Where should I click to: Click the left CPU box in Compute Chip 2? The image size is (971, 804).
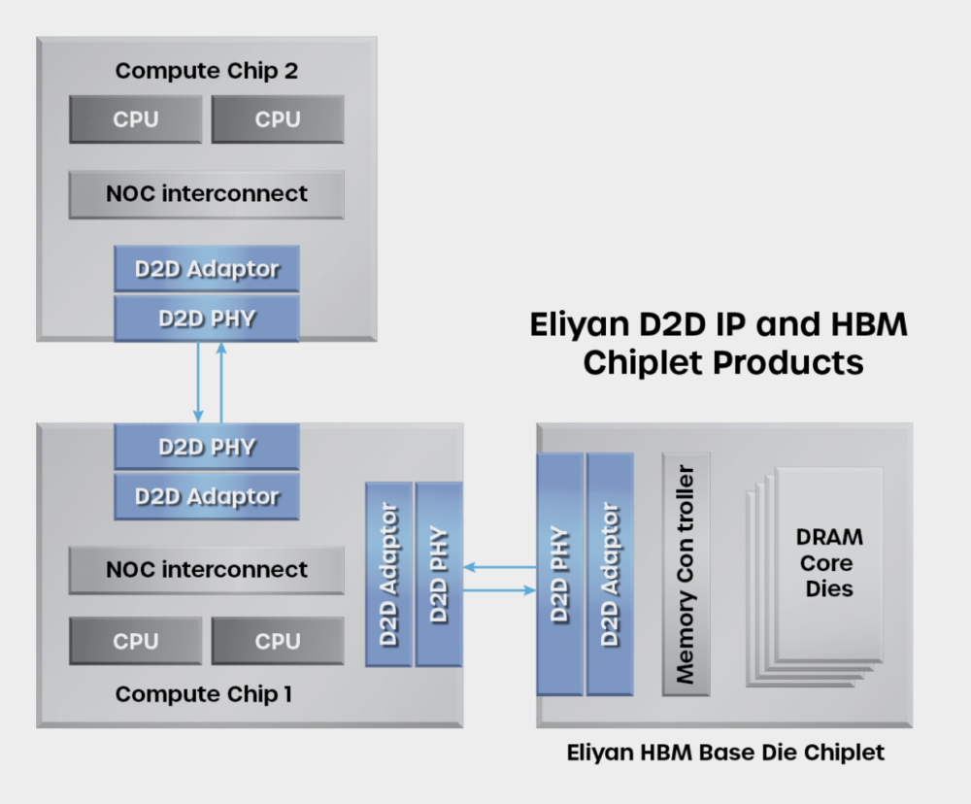(136, 119)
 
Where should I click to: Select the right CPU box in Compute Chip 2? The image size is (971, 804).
(278, 119)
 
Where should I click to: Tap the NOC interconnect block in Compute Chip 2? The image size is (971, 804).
(206, 194)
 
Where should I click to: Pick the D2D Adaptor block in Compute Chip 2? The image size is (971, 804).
(206, 269)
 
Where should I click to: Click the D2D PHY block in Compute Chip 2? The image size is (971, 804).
(206, 318)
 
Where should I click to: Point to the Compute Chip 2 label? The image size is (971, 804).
(206, 71)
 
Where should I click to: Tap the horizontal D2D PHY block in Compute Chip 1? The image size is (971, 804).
(206, 448)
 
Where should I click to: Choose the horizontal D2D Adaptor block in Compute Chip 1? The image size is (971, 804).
(206, 496)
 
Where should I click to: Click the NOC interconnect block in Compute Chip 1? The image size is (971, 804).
(206, 570)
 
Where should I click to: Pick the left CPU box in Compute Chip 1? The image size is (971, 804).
(136, 642)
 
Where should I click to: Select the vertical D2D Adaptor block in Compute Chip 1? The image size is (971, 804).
(388, 574)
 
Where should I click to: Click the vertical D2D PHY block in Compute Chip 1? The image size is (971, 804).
(438, 574)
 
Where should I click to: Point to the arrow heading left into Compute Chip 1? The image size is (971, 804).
(499, 565)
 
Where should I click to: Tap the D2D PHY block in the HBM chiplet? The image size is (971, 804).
(560, 574)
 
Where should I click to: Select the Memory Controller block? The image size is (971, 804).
(686, 574)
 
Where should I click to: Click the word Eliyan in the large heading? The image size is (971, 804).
(584, 324)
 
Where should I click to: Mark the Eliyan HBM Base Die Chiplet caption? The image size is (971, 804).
(724, 753)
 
